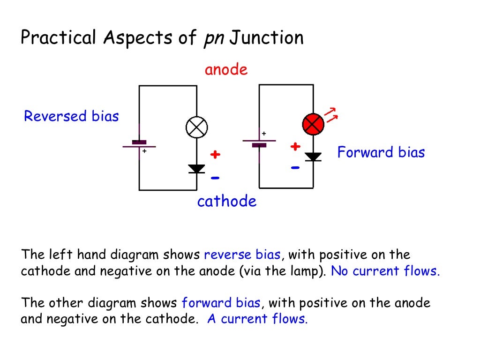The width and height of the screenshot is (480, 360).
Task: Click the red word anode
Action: pos(226,70)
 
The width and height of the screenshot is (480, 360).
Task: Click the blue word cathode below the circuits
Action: pos(227,202)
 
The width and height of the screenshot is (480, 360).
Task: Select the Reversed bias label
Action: pos(71,116)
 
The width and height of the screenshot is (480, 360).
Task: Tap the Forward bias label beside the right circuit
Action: pos(381,152)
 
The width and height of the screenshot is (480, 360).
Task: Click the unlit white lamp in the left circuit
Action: pos(196,127)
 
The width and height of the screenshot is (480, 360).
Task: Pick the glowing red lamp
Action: pos(313,124)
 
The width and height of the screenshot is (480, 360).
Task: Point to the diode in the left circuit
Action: pos(196,169)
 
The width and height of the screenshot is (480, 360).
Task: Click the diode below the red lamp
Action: pos(313,157)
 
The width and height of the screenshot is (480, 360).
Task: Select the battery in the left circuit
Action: pos(139,144)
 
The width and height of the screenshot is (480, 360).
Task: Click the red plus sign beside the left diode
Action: pos(215,155)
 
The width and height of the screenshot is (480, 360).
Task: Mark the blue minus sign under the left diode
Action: pos(215,178)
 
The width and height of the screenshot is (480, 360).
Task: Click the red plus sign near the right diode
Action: pos(295,147)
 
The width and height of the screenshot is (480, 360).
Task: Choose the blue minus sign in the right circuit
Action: pos(295,167)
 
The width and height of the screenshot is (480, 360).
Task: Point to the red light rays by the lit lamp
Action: pos(331,115)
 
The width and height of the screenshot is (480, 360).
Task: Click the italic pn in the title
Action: pos(213,38)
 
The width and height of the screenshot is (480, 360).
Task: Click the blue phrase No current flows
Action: pos(385,271)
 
